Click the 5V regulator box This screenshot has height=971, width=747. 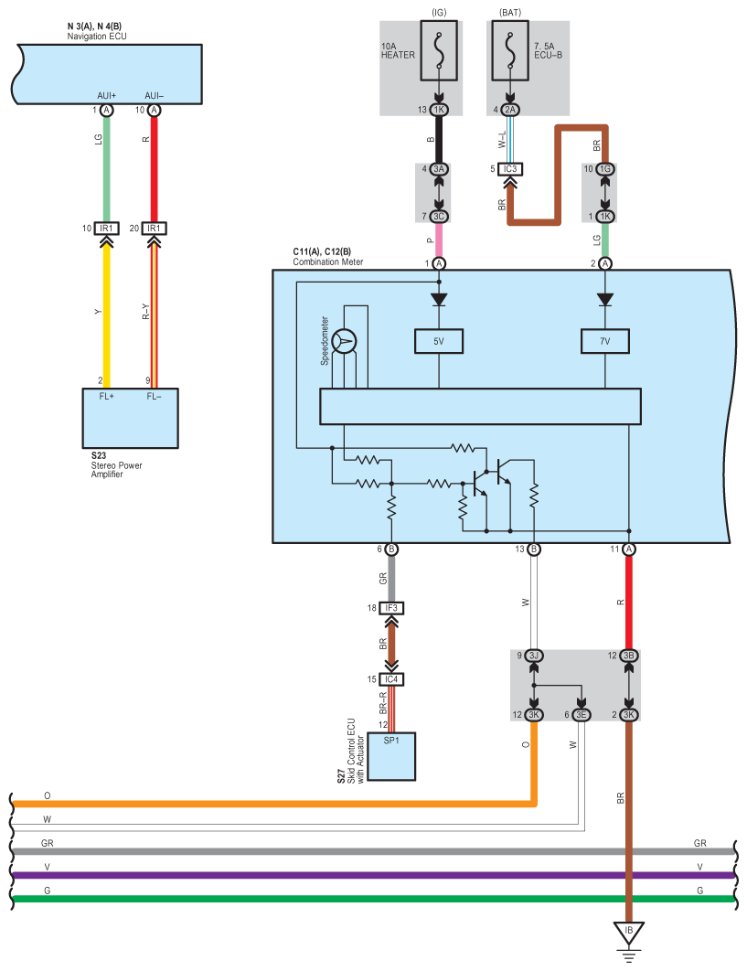tap(439, 341)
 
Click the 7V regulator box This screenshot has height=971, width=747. tap(604, 341)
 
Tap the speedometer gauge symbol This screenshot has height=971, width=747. tap(344, 341)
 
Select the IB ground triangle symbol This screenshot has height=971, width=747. tap(628, 933)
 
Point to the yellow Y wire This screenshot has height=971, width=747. tap(107, 311)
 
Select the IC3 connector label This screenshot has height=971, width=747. tap(511, 169)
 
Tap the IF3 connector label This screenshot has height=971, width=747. tap(391, 608)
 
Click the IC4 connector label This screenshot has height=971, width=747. tap(391, 678)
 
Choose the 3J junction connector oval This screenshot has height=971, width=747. tap(533, 656)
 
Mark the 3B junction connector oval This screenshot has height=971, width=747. tap(628, 656)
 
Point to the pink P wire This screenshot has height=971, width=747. tap(439, 240)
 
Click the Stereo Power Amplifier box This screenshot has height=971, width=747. tap(130, 418)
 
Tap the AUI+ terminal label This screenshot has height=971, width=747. tap(106, 96)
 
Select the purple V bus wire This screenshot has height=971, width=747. tap(366, 875)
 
